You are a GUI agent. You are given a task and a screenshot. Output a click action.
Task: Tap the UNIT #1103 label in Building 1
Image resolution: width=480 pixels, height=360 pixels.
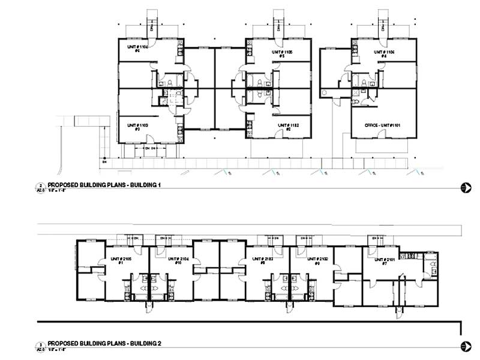point(137,125)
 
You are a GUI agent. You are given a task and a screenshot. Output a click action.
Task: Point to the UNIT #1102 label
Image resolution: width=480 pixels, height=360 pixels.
point(287,125)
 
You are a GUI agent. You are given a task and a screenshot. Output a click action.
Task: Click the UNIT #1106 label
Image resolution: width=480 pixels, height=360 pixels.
point(384,52)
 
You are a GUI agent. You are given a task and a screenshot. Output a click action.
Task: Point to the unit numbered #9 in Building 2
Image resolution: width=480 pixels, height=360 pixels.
point(317,262)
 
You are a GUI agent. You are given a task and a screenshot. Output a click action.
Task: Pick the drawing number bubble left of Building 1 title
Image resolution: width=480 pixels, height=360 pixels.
point(41,188)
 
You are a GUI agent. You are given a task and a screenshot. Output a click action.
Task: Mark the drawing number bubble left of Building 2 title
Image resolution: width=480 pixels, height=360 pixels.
point(41,346)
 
